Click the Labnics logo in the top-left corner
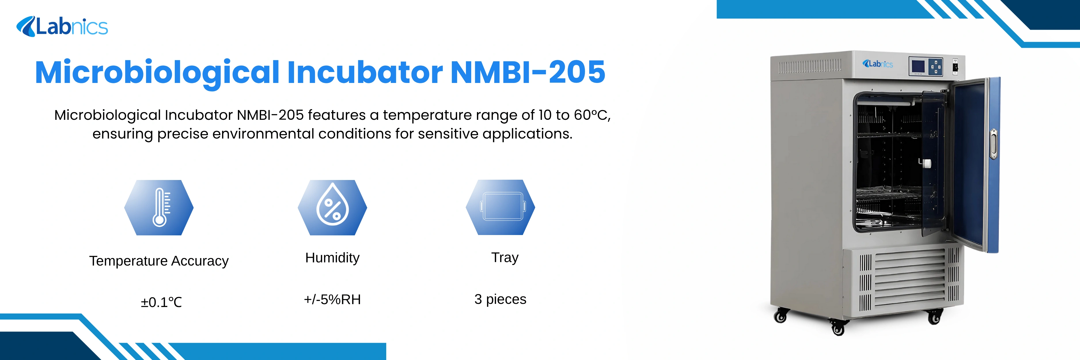pos(62,27)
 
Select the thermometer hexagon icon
pos(159,207)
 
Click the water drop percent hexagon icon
pos(332,207)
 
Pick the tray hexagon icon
pos(500,207)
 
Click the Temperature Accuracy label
pos(159,261)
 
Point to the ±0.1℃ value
pos(161,302)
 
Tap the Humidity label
pos(332,257)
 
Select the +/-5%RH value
pos(332,299)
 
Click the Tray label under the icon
pos(505,257)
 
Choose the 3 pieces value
pos(500,299)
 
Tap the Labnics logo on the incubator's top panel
pos(878,64)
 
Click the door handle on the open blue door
pos(993,144)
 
